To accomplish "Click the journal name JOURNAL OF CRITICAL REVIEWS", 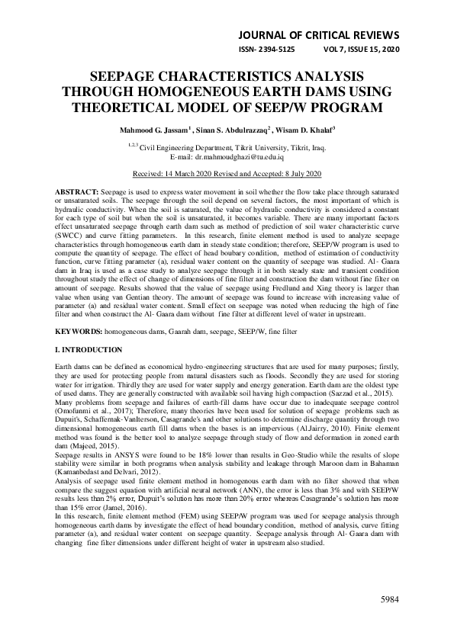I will pyautogui.click(x=318, y=35).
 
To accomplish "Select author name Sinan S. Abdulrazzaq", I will pyautogui.click(x=217, y=130).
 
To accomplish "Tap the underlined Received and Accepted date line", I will pyautogui.click(x=227, y=173).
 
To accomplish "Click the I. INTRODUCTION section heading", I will pyautogui.click(x=89, y=349).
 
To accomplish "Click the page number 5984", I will pyautogui.click(x=390, y=600).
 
